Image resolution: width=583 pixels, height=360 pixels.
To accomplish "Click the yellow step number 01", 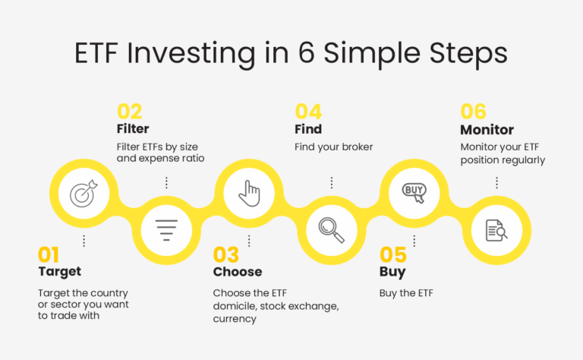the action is tap(49, 254).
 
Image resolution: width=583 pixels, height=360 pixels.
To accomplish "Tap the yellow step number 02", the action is tap(129, 111).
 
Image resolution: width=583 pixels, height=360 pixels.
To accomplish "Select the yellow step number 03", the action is tap(226, 254).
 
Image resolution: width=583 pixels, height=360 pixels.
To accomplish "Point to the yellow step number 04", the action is tap(308, 111).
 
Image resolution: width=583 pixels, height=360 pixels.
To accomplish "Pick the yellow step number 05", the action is tap(393, 254).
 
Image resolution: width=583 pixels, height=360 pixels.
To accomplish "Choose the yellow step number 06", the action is tap(474, 111).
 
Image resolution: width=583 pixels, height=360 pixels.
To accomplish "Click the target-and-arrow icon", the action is tap(84, 194).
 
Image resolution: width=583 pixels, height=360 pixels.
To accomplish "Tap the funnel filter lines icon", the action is tap(166, 230).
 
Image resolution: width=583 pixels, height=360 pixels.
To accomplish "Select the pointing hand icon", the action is tap(249, 194).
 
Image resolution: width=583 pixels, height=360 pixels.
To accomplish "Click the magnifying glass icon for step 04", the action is tap(331, 230).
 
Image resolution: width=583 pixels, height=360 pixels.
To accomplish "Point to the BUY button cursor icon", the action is tap(414, 194).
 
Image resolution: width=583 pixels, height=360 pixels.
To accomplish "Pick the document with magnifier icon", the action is tap(496, 230).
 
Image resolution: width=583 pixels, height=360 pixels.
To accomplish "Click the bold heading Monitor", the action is tap(487, 130).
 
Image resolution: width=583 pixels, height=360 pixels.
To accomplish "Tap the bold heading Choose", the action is tap(238, 272).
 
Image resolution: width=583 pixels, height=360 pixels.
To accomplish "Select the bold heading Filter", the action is tap(133, 128).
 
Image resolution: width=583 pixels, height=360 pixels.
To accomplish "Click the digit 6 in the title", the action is tap(307, 52).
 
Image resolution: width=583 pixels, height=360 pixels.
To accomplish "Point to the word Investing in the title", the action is tap(191, 54).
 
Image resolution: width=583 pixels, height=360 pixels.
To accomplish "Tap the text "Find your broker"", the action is tap(333, 147).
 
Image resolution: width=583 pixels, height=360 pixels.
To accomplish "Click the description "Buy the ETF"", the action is tap(406, 293).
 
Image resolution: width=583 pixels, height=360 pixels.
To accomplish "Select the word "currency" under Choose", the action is tap(235, 319).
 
